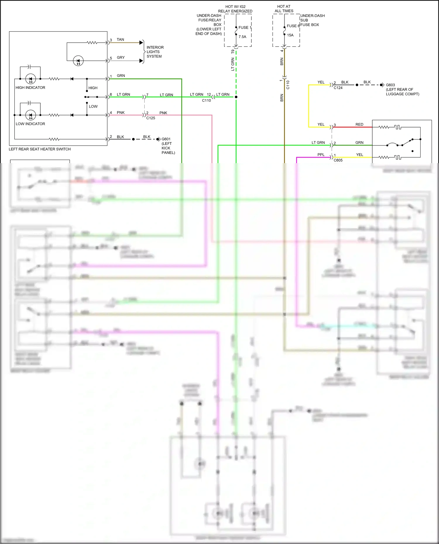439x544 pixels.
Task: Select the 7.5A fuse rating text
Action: pyautogui.click(x=242, y=37)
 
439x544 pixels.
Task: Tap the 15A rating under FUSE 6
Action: pyautogui.click(x=290, y=35)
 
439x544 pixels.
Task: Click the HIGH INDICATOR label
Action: pyautogui.click(x=30, y=88)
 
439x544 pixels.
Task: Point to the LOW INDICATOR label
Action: pyautogui.click(x=30, y=124)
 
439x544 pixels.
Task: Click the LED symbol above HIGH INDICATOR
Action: pyautogui.click(x=31, y=79)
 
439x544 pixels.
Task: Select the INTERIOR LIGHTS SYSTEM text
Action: pyautogui.click(x=155, y=52)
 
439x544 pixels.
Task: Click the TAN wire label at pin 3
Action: pyautogui.click(x=120, y=40)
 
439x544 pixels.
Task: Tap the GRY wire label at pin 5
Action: pyautogui.click(x=121, y=58)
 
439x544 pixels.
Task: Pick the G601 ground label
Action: pyautogui.click(x=166, y=139)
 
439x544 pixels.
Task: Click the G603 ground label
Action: pyautogui.click(x=390, y=85)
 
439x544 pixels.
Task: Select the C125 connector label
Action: pyautogui.click(x=151, y=118)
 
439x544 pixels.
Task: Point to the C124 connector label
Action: pyautogui.click(x=338, y=88)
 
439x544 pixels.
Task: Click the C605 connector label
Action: pyautogui.click(x=338, y=160)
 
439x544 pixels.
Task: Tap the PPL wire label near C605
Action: pyautogui.click(x=321, y=155)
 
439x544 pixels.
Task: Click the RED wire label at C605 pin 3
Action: pyautogui.click(x=359, y=125)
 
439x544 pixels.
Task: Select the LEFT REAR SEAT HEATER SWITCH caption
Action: pyautogui.click(x=40, y=149)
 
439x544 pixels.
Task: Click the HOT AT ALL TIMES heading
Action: pyautogui.click(x=284, y=9)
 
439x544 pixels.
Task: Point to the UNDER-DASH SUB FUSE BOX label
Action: pyautogui.click(x=312, y=20)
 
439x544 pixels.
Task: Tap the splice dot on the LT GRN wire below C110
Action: pyautogui.click(x=236, y=97)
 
